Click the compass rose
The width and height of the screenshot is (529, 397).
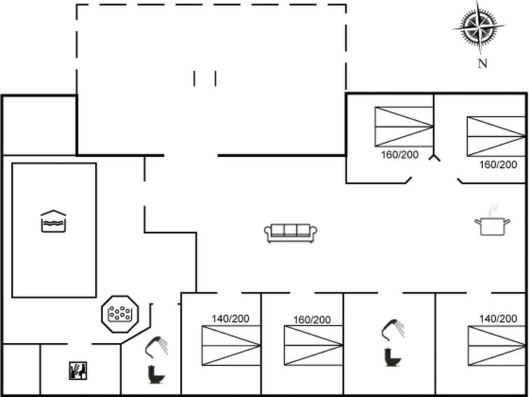479,27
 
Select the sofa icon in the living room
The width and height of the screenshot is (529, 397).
291,232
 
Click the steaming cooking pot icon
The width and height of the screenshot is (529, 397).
492,224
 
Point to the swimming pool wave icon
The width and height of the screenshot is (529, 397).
53,221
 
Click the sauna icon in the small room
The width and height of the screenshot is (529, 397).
77,370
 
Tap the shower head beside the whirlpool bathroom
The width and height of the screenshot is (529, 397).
158,345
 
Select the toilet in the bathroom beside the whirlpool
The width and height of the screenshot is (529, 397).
156,375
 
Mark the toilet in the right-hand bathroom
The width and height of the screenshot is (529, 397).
391,357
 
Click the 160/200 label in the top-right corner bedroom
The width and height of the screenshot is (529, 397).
498,165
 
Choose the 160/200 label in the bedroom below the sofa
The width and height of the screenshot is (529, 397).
312,320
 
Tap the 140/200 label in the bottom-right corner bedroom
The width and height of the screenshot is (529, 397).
498,318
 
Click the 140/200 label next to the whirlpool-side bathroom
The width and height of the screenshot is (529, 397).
231,318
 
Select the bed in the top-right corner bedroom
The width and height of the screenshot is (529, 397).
495,136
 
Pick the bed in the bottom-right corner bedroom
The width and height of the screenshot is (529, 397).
496,345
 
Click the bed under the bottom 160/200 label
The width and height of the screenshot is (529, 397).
313,345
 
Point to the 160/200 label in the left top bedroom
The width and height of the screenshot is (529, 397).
399,154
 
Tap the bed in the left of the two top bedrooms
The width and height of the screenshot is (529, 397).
404,126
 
